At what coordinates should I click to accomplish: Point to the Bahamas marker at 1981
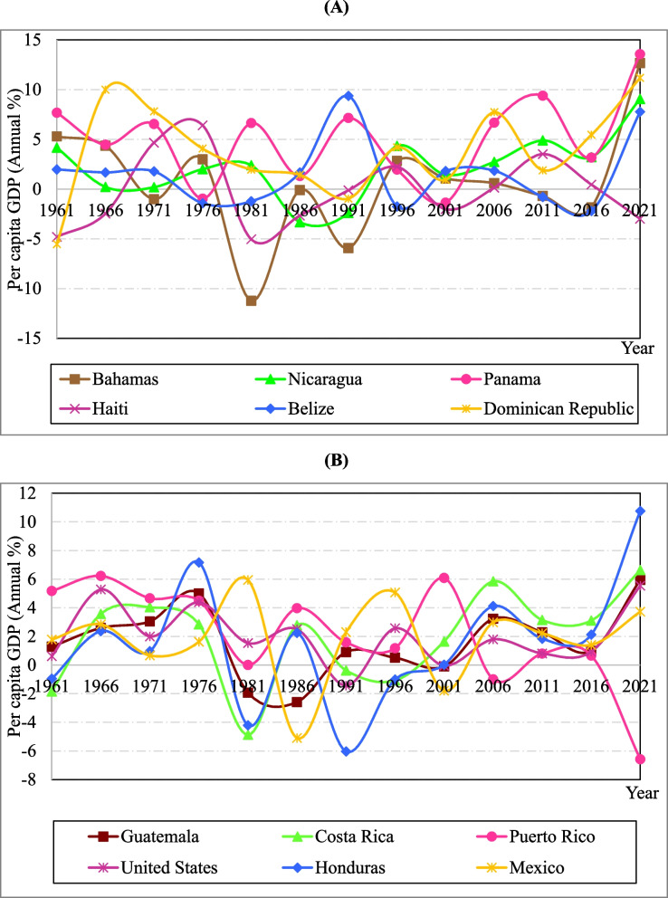pyautogui.click(x=251, y=301)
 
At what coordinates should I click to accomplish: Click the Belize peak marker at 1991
pyautogui.click(x=348, y=96)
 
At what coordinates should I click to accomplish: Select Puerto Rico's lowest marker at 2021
pyautogui.click(x=641, y=759)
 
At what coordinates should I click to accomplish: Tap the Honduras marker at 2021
pyautogui.click(x=641, y=511)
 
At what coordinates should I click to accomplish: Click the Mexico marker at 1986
pyautogui.click(x=297, y=738)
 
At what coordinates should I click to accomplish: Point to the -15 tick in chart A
pyautogui.click(x=36, y=339)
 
